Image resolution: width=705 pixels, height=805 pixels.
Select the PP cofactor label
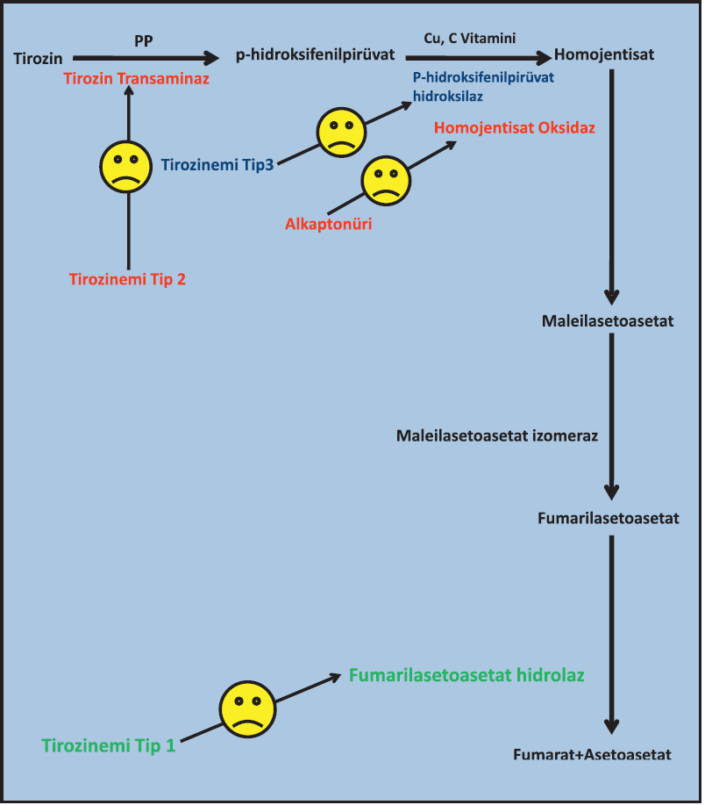(x=144, y=40)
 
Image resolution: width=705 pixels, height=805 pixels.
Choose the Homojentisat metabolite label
(x=604, y=56)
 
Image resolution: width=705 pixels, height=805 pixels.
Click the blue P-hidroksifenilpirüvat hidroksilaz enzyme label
(x=483, y=86)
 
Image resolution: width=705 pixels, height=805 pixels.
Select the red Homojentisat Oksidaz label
(x=514, y=128)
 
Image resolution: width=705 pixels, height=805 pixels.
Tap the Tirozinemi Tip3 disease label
(x=217, y=164)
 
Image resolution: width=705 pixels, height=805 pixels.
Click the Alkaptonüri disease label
(x=328, y=224)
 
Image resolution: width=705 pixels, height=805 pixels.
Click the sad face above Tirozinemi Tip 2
(x=129, y=167)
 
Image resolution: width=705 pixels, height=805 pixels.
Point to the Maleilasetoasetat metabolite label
(x=608, y=321)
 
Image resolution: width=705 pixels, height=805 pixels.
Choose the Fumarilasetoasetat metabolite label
(x=609, y=519)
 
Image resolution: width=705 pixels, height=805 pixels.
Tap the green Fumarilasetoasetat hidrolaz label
(x=466, y=676)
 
